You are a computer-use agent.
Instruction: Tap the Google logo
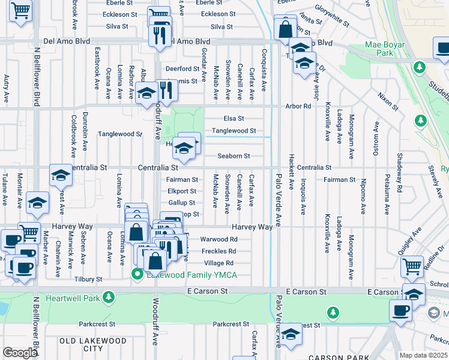coord(20,353)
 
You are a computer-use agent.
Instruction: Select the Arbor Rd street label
coord(298,106)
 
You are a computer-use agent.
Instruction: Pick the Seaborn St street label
coord(234,156)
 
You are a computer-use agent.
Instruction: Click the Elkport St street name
coord(182,191)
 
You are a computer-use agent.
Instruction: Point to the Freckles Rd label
coord(218,251)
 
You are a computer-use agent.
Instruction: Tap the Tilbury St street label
coord(89,280)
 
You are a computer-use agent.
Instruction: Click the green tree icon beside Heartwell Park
coord(108,298)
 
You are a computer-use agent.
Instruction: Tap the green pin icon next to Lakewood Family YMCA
coord(137,275)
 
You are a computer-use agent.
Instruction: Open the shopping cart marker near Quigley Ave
coord(412,266)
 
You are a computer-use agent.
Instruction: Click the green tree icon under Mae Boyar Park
coord(421,122)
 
